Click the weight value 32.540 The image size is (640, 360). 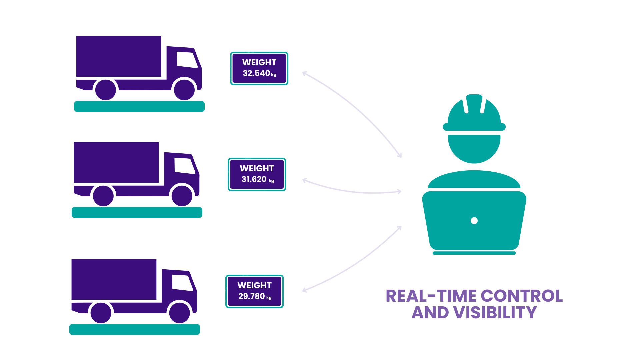click(x=256, y=73)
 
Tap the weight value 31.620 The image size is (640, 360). click(x=254, y=179)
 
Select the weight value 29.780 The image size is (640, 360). click(x=252, y=296)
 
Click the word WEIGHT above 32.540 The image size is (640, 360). click(x=259, y=63)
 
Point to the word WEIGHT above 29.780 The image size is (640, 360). click(x=255, y=286)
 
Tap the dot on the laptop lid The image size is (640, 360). click(x=474, y=221)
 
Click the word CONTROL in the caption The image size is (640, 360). click(x=522, y=296)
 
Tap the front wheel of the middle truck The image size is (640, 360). click(x=182, y=196)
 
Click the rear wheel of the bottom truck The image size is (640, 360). click(x=101, y=313)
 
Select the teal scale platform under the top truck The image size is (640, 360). click(x=139, y=106)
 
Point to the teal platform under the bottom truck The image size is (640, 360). click(x=134, y=329)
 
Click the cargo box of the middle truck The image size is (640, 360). click(x=116, y=163)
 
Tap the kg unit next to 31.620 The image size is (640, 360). click(x=271, y=181)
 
